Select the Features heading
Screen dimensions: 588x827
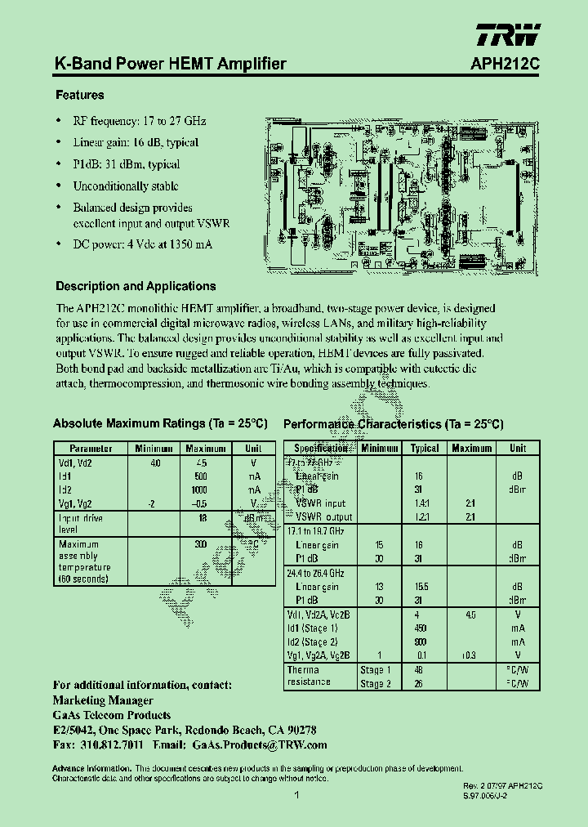tap(79, 96)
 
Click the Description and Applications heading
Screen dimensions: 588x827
tap(136, 287)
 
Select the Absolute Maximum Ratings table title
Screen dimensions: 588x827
tap(160, 423)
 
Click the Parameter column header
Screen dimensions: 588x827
tap(91, 449)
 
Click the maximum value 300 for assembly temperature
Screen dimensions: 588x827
tap(201, 544)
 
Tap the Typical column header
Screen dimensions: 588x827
tap(425, 449)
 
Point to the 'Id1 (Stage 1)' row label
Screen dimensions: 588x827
tap(313, 628)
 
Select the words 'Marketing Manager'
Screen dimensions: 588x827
tap(103, 700)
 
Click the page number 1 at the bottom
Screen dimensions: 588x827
tap(297, 794)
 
